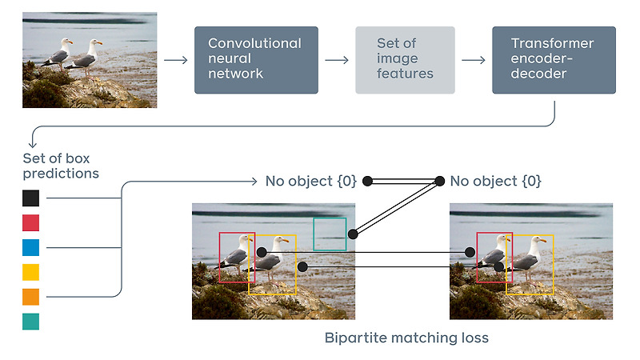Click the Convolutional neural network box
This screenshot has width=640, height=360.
256,60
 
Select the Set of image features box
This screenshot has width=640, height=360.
405,60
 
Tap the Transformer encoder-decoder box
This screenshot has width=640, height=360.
554,60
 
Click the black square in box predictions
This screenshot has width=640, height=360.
30,198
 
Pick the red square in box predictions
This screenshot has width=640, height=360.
30,223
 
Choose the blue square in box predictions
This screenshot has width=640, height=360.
30,248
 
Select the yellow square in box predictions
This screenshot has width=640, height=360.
30,273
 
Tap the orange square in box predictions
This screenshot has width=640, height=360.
30,298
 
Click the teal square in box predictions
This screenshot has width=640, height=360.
30,322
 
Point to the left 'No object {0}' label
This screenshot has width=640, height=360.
310,182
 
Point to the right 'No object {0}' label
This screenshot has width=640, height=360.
496,182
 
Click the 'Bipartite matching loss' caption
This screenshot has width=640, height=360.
406,338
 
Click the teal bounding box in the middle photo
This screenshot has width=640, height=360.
330,234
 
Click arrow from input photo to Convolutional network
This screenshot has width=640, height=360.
175,60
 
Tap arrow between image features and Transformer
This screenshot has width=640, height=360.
474,60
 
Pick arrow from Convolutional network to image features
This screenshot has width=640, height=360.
337,60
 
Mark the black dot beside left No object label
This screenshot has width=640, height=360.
367,182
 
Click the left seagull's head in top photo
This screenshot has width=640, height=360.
66,43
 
